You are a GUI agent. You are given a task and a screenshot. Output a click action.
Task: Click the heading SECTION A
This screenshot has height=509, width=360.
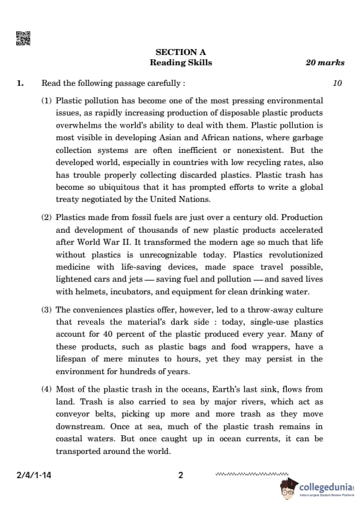pos(181,53)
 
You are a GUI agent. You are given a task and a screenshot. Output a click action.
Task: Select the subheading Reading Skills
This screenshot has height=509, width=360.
pos(181,63)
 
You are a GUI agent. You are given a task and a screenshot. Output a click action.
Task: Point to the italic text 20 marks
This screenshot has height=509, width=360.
pos(325,63)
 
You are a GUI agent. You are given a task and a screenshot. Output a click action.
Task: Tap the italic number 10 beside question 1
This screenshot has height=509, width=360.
pos(337,83)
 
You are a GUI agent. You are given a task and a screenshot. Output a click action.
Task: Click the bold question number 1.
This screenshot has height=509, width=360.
pos(21,83)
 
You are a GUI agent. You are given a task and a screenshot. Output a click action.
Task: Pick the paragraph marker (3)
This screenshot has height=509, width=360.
pos(47,310)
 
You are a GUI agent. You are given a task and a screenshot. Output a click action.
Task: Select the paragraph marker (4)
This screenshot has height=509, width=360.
pos(47,389)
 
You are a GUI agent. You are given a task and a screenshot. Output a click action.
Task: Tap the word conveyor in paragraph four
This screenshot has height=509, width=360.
pos(73,414)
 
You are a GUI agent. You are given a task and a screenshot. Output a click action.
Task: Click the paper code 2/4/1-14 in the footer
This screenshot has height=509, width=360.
pos(34,475)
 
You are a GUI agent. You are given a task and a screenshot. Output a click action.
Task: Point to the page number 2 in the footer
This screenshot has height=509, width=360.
pos(180,475)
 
